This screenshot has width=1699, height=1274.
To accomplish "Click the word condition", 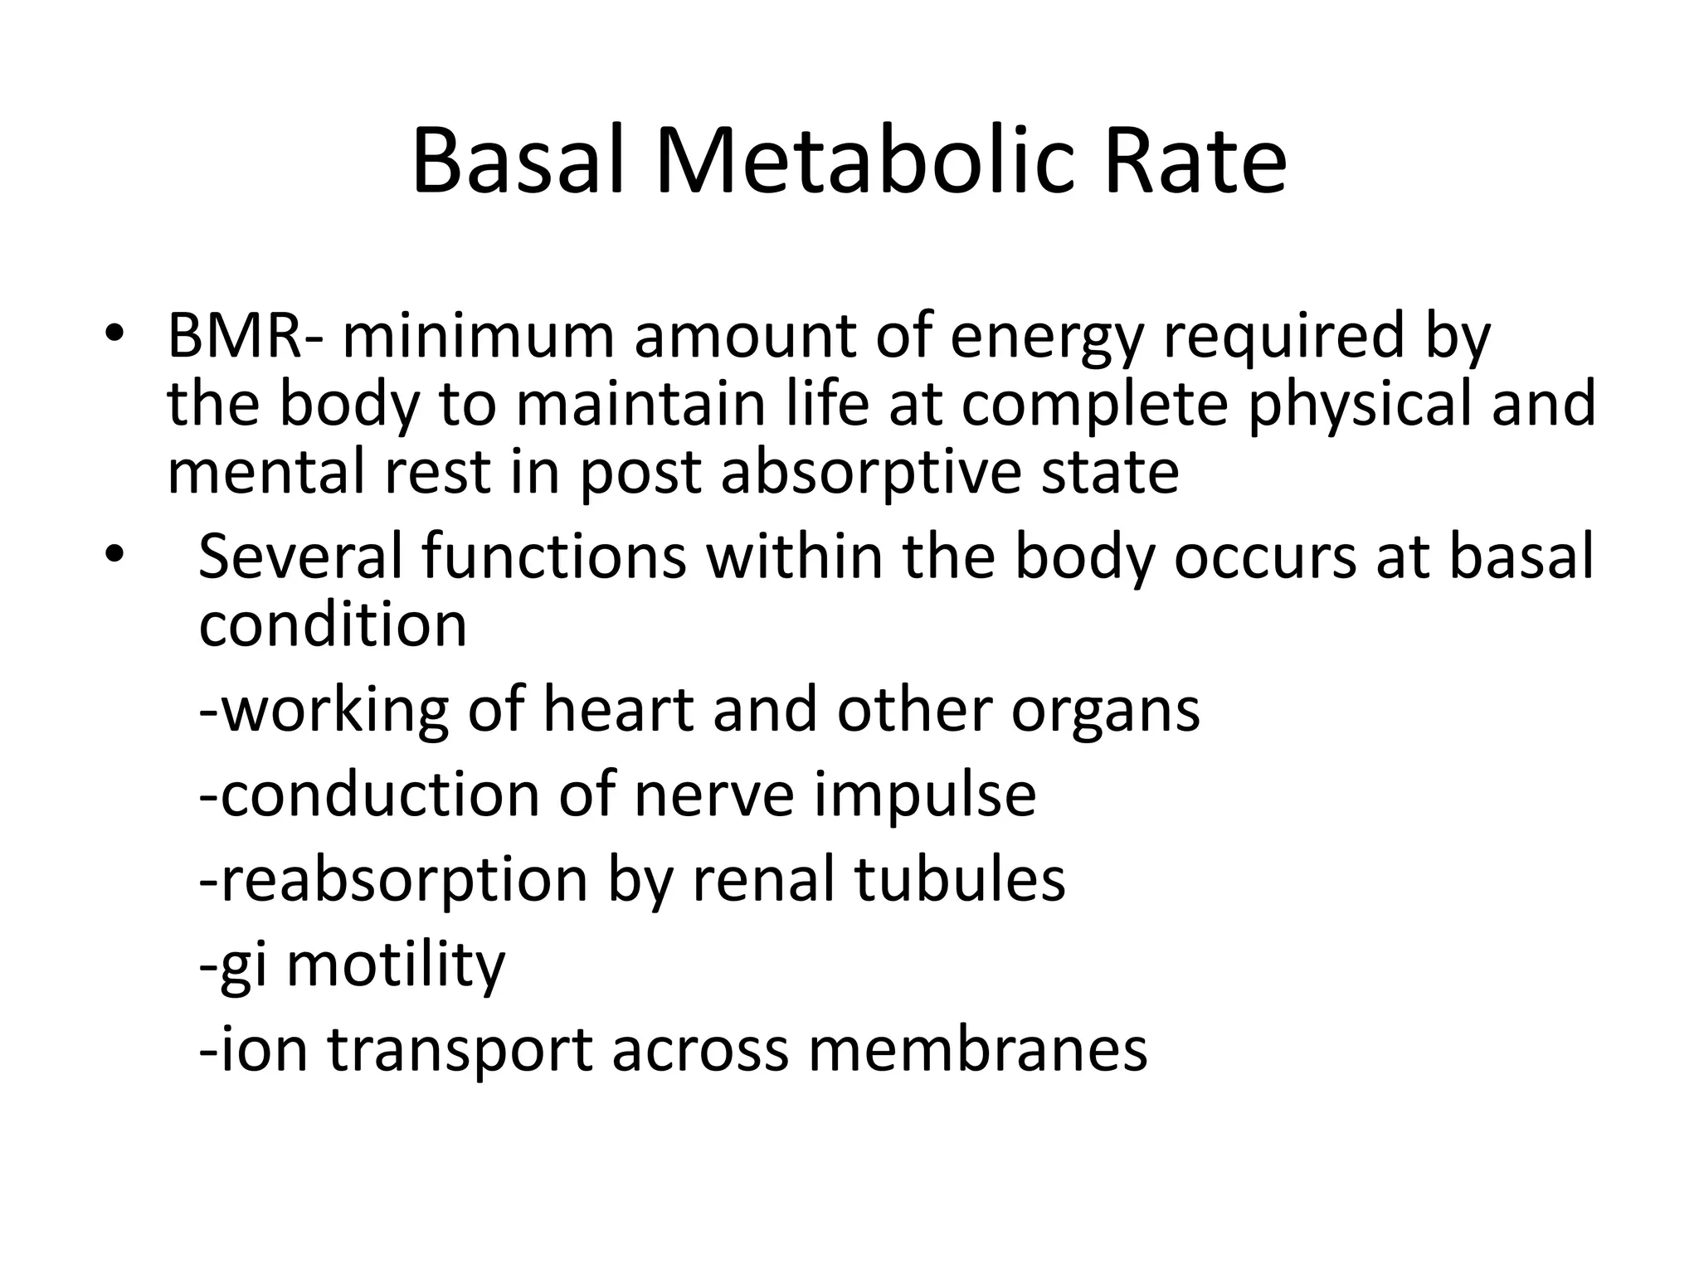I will [x=333, y=624].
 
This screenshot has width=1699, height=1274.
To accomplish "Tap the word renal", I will [x=763, y=879].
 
